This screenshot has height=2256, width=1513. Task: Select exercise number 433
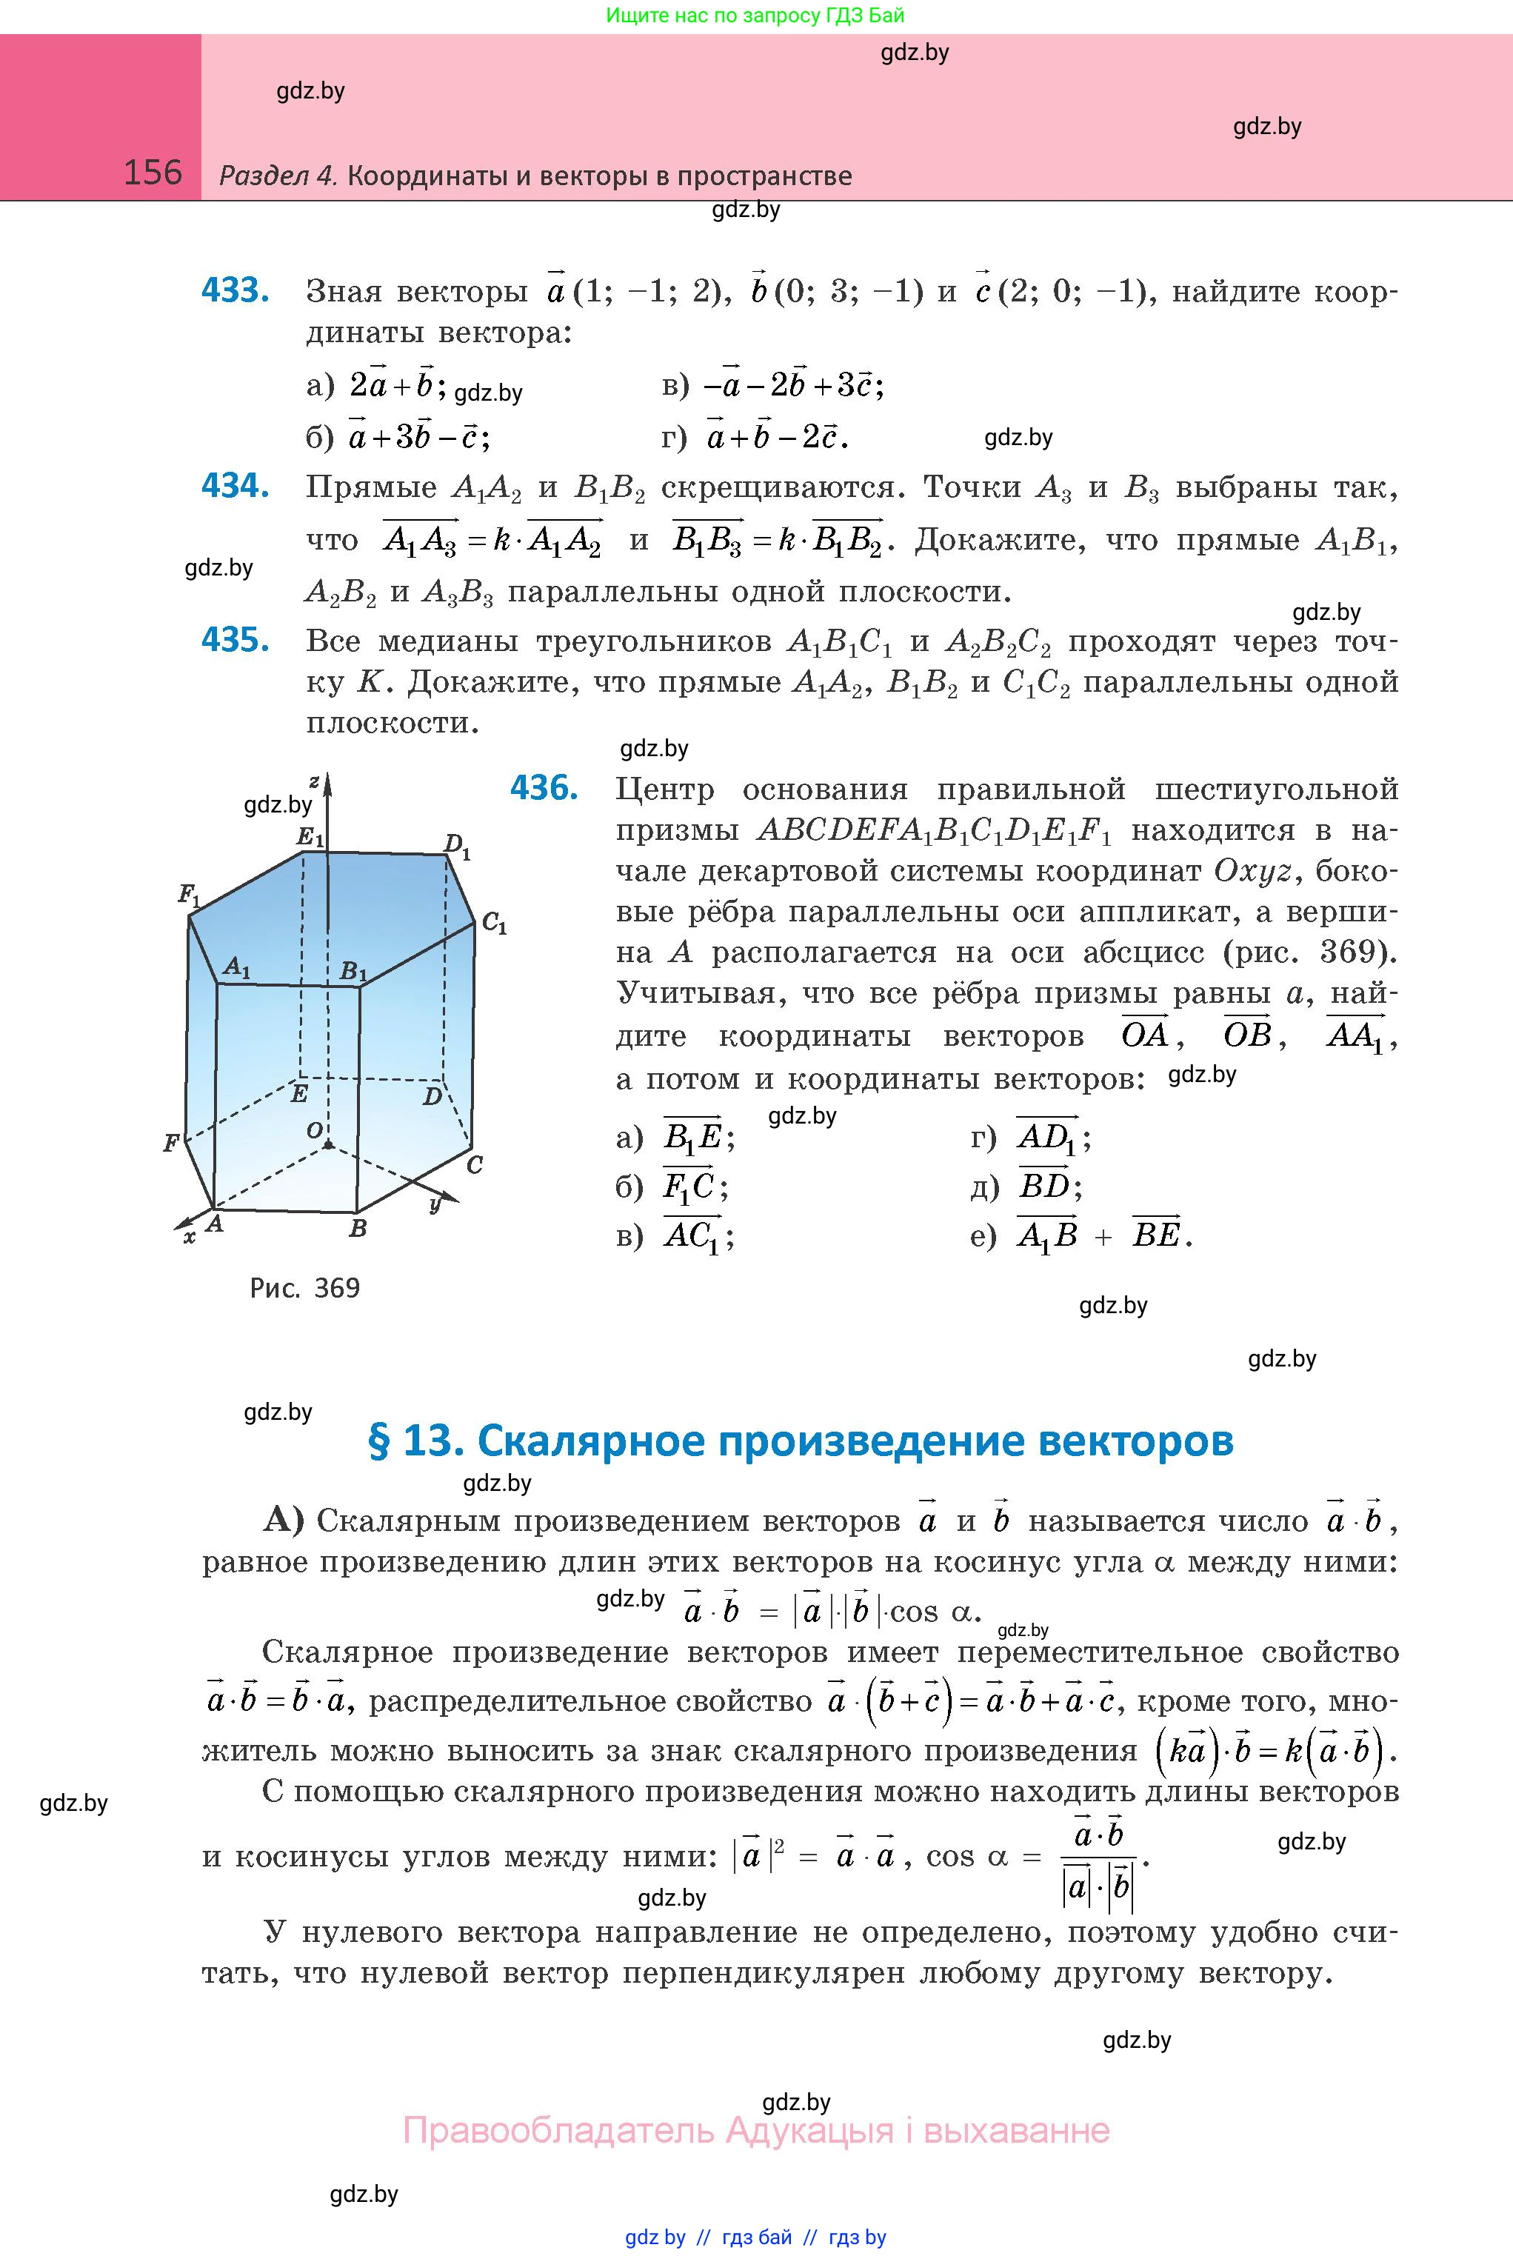(235, 290)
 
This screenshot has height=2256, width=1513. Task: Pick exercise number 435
(235, 640)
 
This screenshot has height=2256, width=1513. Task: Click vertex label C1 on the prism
(494, 924)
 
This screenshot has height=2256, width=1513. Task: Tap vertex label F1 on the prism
(188, 895)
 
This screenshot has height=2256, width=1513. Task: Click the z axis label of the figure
(315, 781)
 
